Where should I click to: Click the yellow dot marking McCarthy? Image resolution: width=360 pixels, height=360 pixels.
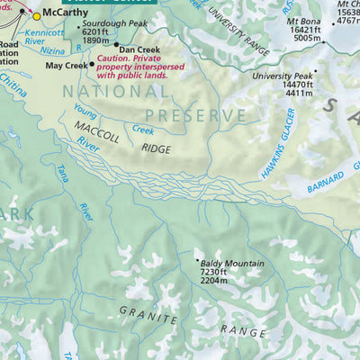[x=36, y=15]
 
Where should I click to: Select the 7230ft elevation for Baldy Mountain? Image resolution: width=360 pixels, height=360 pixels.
[x=217, y=273]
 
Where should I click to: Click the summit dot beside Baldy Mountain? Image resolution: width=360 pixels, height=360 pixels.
[x=198, y=261]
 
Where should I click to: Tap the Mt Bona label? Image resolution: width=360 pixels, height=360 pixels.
[x=302, y=20]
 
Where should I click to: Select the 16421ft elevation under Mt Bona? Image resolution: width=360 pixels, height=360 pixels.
[x=304, y=30]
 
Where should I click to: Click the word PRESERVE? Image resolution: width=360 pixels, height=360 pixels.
[x=195, y=116]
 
